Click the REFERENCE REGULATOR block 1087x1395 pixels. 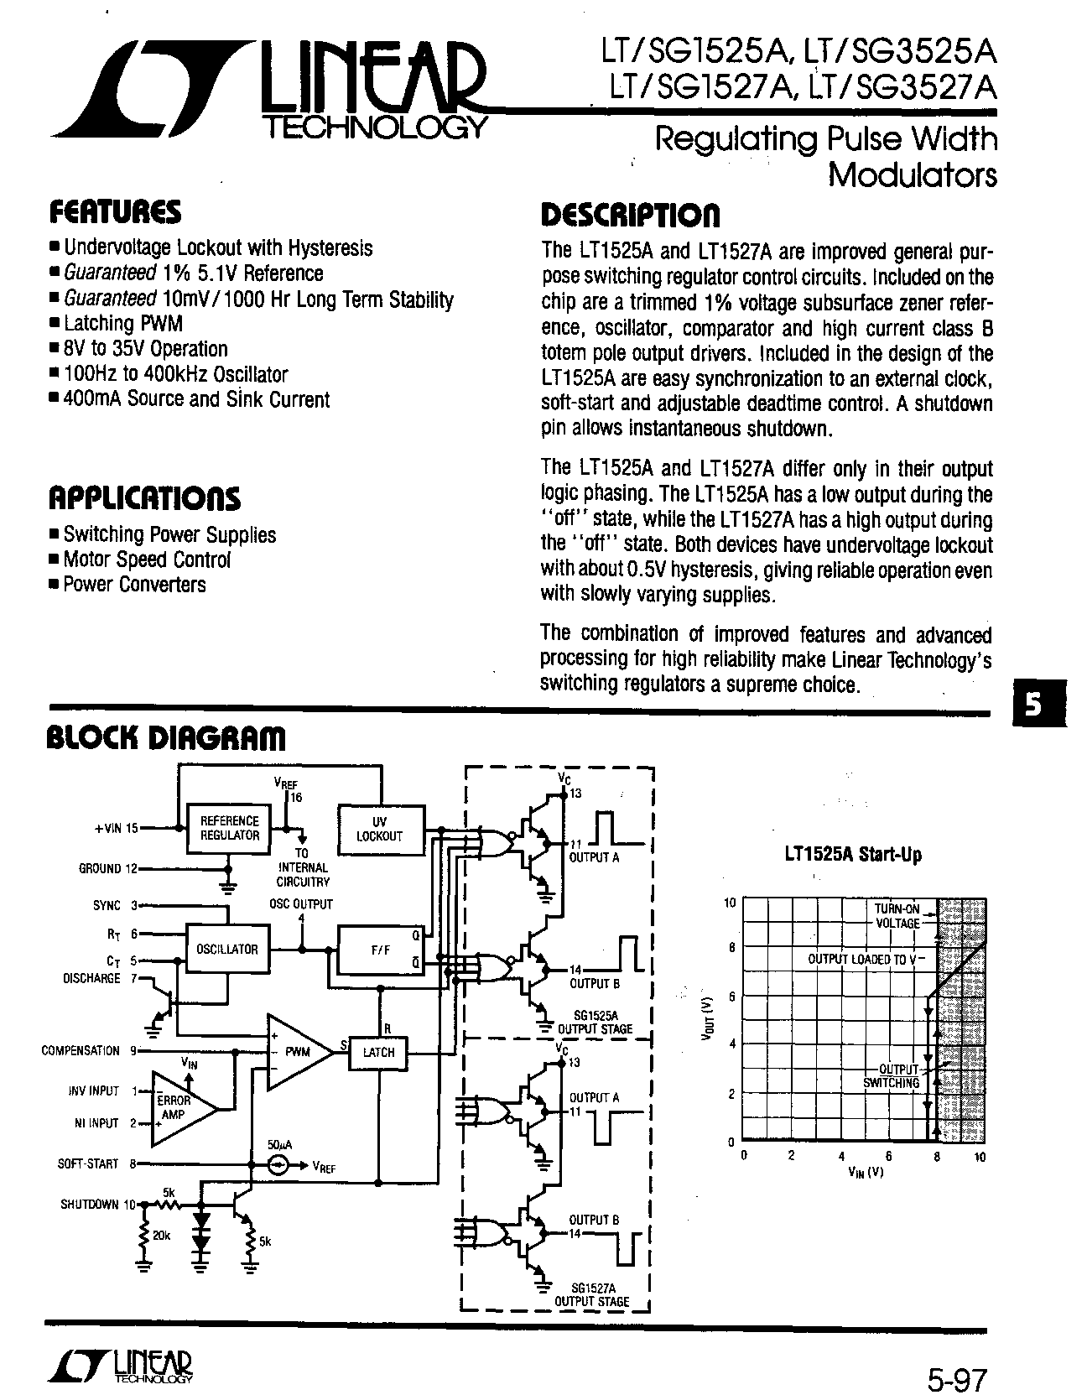coord(230,828)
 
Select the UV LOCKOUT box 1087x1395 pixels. coord(380,829)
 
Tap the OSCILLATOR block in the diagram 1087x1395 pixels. coord(227,949)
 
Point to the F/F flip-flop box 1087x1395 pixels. coord(380,950)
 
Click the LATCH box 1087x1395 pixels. coord(378,1052)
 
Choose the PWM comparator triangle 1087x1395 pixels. coord(295,1052)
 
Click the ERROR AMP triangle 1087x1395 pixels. coord(178,1107)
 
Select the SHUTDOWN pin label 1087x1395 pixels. coord(90,1205)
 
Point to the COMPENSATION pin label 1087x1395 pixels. coord(81,1050)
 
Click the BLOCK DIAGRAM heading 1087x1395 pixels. coord(164,737)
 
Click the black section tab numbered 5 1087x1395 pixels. coord(1035,705)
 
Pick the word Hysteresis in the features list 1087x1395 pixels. coord(330,248)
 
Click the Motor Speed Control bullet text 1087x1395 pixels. coord(147,560)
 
